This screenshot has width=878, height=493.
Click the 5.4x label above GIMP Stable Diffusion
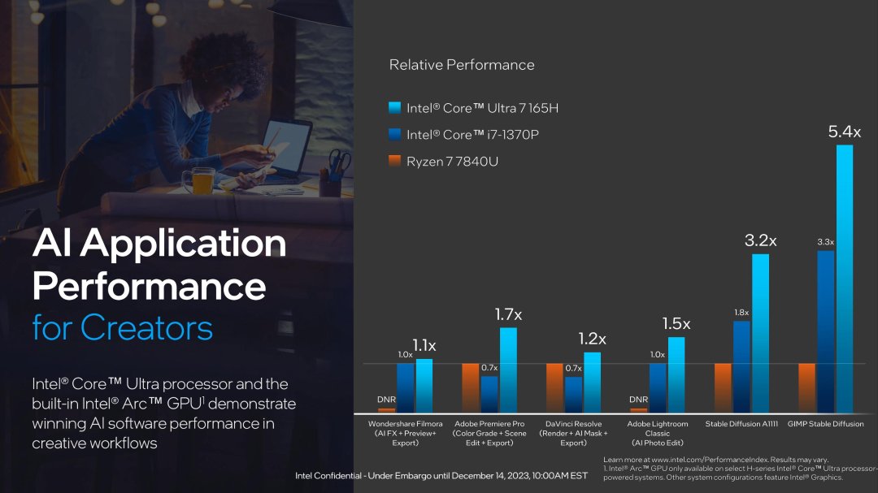coord(845,131)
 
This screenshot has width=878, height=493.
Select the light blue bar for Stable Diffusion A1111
coord(761,333)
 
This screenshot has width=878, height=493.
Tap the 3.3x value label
coord(826,242)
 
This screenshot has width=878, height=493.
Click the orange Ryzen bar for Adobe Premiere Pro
coord(470,388)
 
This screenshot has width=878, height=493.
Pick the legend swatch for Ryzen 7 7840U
coord(395,162)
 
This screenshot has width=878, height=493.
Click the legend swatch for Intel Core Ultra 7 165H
coord(395,108)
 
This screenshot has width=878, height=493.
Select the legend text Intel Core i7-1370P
coord(472,135)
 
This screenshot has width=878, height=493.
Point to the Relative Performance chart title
coord(462,65)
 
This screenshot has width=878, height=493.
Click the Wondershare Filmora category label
coord(406,433)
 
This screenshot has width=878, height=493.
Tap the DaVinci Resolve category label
coord(573,433)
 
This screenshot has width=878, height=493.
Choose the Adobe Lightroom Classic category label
coord(658,433)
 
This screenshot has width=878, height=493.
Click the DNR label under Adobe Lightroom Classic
coord(639,400)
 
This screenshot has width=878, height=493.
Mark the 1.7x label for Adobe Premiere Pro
coord(509,313)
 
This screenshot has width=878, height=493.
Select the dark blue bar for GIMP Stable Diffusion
coord(826,331)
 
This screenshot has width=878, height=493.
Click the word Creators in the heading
coord(147,327)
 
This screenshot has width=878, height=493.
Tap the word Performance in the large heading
coord(150,286)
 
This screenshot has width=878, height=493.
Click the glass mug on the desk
coord(203,179)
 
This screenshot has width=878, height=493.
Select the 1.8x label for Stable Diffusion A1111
coord(741,313)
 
